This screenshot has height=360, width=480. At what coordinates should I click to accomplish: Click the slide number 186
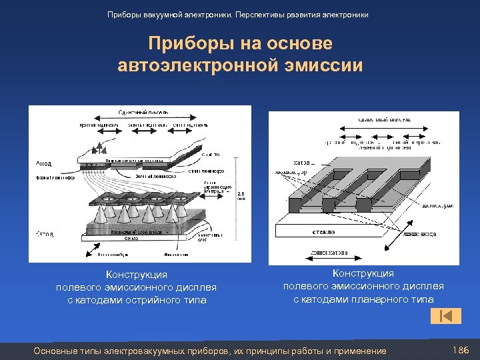(461, 350)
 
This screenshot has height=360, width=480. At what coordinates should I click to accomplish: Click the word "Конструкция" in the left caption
(137, 275)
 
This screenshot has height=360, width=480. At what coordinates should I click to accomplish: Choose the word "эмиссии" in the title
(328, 66)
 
